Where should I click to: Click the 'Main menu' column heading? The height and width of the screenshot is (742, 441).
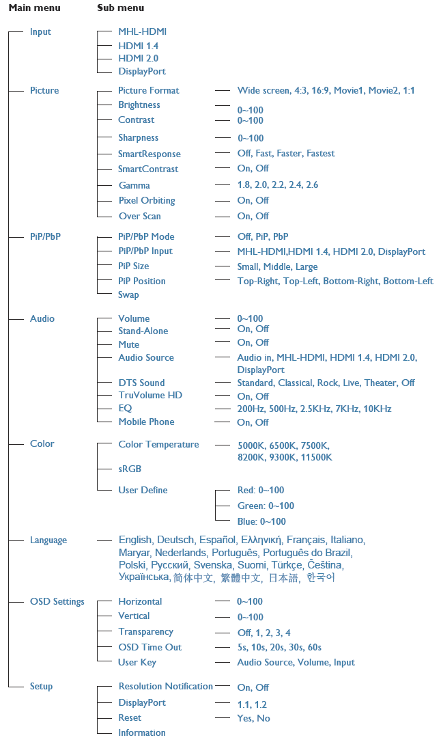tap(34, 8)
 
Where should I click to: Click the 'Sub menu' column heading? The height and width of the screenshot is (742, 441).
tap(120, 8)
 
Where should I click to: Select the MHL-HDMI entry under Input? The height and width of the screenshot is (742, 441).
tap(142, 31)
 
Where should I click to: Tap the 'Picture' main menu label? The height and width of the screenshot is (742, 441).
tap(44, 91)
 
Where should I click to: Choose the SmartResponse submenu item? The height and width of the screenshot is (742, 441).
tap(149, 154)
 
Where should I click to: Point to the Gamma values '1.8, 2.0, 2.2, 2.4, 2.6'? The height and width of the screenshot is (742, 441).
tap(278, 185)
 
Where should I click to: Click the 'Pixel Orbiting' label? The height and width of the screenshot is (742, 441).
tap(146, 201)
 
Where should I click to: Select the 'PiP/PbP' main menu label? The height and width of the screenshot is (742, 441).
tap(46, 237)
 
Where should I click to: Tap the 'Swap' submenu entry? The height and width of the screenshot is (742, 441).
tap(128, 295)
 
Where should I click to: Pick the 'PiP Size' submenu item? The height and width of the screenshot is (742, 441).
tap(133, 266)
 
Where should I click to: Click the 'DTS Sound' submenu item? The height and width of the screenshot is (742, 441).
tap(141, 383)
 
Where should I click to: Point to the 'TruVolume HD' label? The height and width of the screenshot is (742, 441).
tap(150, 396)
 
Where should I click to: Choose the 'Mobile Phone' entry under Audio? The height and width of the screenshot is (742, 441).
tap(146, 422)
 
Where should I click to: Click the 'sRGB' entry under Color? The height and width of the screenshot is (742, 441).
tap(130, 469)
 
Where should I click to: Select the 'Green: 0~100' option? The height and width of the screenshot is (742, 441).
tap(266, 506)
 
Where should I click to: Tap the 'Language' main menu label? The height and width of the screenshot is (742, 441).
tap(48, 540)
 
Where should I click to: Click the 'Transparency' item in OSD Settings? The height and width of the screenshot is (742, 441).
tap(145, 632)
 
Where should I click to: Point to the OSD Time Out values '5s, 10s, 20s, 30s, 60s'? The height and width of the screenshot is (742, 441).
tap(279, 648)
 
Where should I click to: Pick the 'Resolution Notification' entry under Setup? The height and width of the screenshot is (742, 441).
tap(165, 687)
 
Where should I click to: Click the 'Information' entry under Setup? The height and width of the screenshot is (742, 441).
tap(142, 733)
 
